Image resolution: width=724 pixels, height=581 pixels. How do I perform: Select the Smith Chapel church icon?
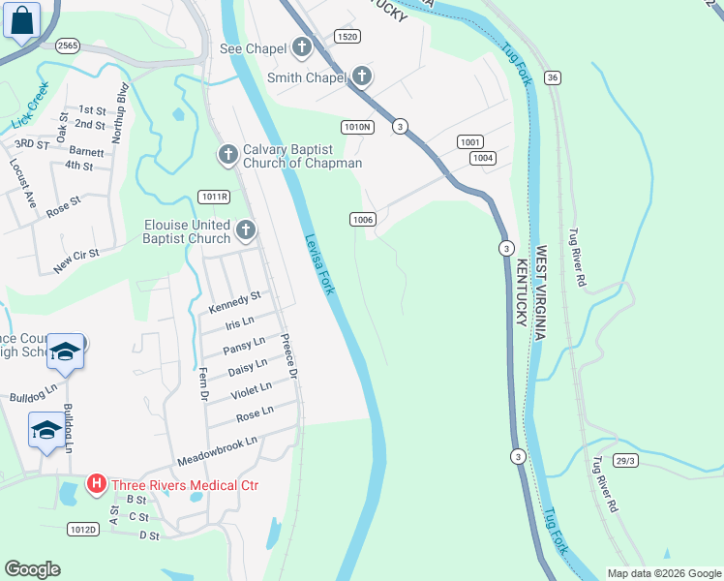tap(362, 76)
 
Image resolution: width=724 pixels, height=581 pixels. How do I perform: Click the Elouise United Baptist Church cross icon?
tap(246, 230)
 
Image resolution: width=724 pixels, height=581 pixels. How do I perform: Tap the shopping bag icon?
tap(21, 20)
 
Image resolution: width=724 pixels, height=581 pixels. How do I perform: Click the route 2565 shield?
tap(67, 46)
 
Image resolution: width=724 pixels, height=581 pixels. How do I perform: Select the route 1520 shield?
tap(347, 36)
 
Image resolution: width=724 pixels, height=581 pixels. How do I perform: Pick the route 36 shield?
tap(552, 77)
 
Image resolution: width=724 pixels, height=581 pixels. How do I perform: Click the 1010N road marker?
tap(357, 126)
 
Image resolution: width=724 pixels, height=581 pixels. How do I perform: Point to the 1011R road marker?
tap(214, 197)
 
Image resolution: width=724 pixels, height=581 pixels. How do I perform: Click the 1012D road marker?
tap(83, 529)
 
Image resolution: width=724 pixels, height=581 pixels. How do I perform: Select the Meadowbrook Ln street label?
tap(217, 450)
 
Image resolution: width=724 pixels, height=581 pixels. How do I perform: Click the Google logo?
tap(33, 569)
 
